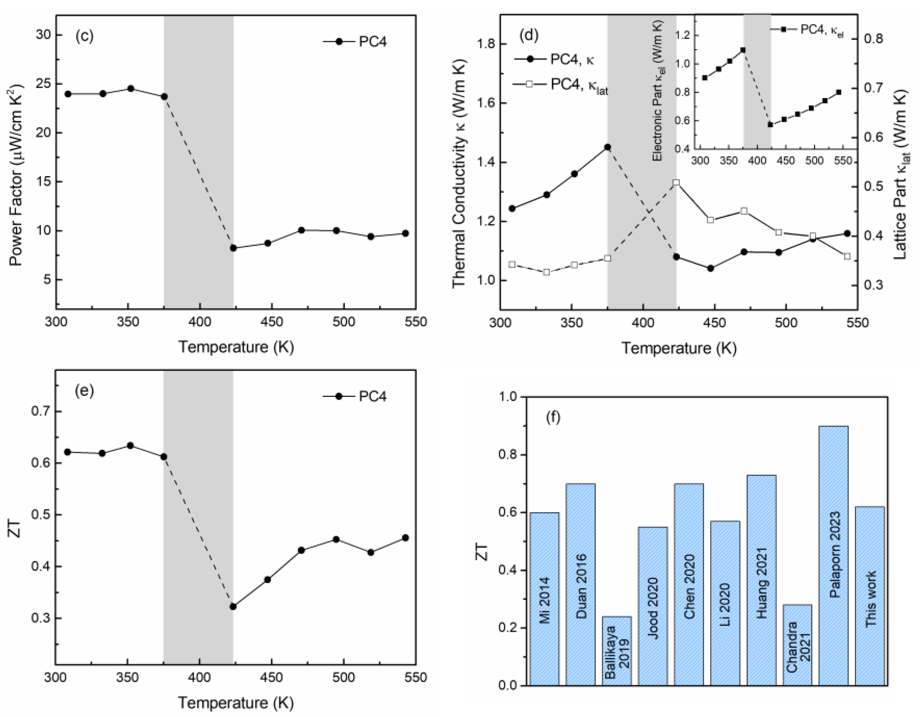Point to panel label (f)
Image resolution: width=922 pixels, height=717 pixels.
(553, 417)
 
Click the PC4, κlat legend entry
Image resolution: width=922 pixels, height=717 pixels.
(562, 85)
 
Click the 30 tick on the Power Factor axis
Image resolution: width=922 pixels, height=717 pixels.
(43, 35)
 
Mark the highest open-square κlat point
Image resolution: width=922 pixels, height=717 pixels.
(676, 183)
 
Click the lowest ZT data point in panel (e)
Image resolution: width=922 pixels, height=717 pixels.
(233, 606)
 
